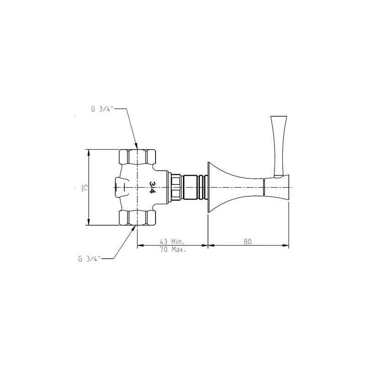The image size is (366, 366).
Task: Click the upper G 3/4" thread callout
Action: [102, 109]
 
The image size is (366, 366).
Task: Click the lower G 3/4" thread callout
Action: [90, 259]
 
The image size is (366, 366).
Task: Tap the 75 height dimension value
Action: [85, 188]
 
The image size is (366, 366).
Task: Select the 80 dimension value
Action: [248, 242]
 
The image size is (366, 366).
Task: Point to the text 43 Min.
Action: [172, 242]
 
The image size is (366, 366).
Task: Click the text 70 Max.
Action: [173, 249]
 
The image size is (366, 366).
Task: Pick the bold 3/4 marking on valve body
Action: [152, 187]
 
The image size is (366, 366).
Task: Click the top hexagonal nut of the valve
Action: [137, 157]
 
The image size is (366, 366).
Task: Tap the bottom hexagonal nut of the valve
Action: [137, 218]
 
